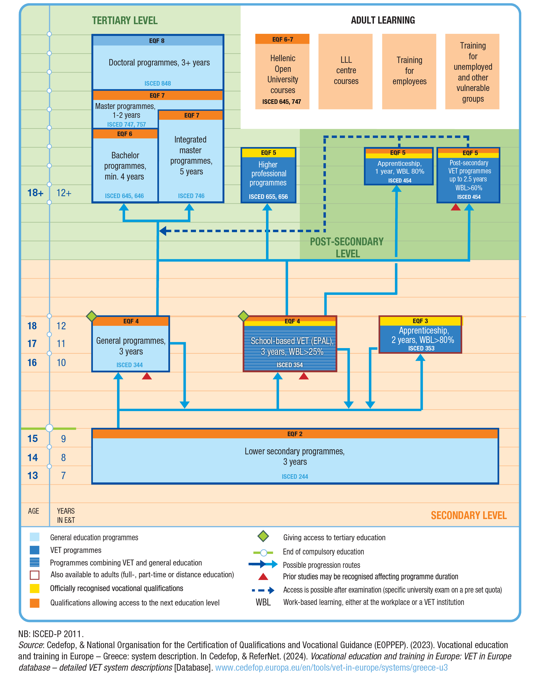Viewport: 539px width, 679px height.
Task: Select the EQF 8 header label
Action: (156, 41)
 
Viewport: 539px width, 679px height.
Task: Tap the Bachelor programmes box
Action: (125, 166)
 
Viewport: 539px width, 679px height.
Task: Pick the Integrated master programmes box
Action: (191, 156)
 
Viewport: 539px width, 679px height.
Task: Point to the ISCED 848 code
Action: (158, 83)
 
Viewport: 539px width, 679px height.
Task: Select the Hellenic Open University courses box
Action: (282, 74)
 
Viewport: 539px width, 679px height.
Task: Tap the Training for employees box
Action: (409, 71)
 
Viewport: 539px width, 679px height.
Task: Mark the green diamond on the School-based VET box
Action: (243, 316)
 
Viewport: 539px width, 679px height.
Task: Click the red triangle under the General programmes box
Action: (147, 376)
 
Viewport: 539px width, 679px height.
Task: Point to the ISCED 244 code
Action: (294, 476)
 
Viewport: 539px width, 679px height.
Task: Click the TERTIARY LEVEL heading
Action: (125, 21)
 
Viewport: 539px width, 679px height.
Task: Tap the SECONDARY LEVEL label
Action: (468, 515)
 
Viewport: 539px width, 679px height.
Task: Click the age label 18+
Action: (35, 193)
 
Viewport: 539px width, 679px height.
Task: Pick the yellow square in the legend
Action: (34, 588)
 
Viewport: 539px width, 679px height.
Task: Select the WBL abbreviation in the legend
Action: (263, 602)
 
